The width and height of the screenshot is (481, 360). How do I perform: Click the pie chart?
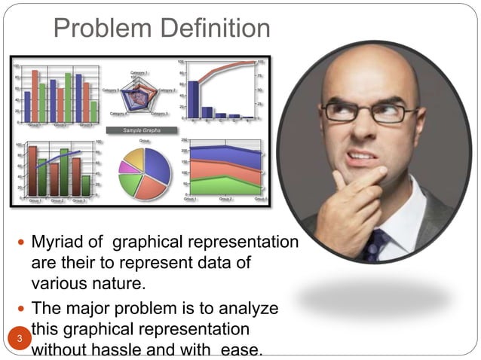[x=145, y=172]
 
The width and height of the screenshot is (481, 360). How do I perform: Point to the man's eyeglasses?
[x=369, y=113]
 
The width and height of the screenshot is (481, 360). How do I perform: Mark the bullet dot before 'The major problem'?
[x=20, y=310]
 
